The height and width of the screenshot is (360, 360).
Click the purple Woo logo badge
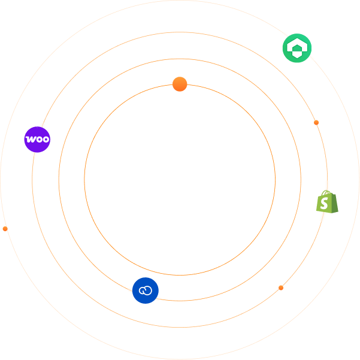[x=37, y=140]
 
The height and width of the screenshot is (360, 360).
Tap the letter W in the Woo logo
[x=30, y=140]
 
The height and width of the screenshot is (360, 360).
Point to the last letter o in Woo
[x=45, y=140]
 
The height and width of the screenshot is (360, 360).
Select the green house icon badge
[x=297, y=48]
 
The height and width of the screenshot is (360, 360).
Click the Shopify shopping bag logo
[x=327, y=202]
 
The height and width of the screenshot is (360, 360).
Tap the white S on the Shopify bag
[x=325, y=204]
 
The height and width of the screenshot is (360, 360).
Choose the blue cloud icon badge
[x=146, y=291]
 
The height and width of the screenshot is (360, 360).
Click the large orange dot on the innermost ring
[x=180, y=84]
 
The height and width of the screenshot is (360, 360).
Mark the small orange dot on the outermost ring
[x=5, y=229]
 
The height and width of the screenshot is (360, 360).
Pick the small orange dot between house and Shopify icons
[x=316, y=123]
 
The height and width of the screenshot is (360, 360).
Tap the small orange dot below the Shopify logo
[x=281, y=288]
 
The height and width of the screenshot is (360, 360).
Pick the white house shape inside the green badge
[x=297, y=48]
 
